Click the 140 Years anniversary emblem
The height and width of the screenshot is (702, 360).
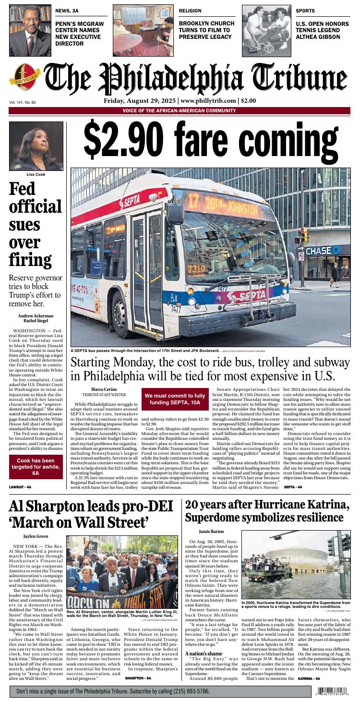click(x=24, y=81)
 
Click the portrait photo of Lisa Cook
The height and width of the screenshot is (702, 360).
click(x=36, y=146)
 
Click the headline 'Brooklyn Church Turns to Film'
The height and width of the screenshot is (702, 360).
click(x=206, y=30)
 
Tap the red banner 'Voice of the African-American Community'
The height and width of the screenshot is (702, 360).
click(x=179, y=111)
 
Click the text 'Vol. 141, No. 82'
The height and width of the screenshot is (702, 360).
click(x=23, y=102)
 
